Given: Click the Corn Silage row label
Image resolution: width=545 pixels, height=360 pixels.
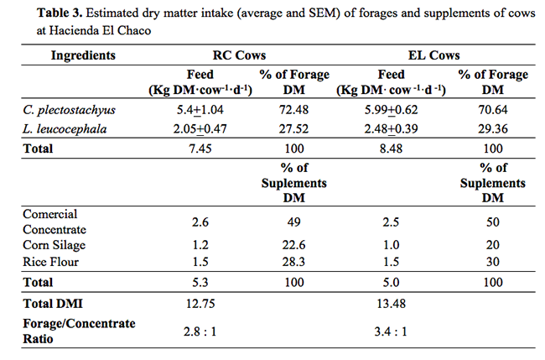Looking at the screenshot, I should (59, 246).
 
